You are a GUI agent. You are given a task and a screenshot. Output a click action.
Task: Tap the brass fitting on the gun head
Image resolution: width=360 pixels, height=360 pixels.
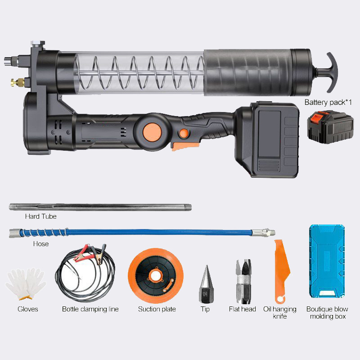coord(18,82)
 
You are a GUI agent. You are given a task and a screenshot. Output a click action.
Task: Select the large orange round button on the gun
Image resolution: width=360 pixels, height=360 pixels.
coord(152,132)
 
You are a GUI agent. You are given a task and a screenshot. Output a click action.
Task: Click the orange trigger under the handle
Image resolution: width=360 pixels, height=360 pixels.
coord(184,145)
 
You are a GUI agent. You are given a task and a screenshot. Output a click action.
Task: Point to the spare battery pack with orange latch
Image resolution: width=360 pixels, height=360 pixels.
coord(330,126)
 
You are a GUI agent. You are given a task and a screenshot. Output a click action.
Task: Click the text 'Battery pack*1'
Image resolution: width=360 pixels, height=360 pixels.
coord(328,103)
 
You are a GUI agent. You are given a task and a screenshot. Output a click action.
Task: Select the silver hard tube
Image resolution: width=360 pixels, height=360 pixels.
coord(100,207)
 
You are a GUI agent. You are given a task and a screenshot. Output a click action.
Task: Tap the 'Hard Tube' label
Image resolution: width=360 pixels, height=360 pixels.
coord(40,216)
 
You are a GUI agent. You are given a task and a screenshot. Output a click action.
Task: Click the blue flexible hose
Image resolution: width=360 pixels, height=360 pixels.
coord(142,233)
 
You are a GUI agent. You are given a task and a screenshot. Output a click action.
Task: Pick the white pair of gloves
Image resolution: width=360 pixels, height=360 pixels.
coord(26,284)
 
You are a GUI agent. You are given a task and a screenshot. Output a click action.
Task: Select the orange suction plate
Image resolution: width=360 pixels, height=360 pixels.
coord(156,275)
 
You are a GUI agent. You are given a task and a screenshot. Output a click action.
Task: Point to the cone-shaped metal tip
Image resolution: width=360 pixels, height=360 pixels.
coord(206,284)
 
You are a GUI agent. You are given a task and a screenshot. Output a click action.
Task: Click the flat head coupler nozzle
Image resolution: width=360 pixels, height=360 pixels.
coord(243,282)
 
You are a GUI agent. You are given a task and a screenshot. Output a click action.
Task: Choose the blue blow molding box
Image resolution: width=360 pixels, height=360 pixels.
coord(327,261)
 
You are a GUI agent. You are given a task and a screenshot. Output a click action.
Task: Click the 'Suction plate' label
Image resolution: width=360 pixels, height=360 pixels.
coord(157,309)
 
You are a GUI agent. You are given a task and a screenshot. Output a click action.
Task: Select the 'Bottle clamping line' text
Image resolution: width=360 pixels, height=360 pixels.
coord(90,309)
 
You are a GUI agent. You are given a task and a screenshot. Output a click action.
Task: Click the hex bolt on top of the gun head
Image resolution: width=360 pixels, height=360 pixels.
coord(38,43)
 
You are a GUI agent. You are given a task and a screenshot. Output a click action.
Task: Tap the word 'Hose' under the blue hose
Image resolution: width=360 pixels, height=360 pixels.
coord(41,243)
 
